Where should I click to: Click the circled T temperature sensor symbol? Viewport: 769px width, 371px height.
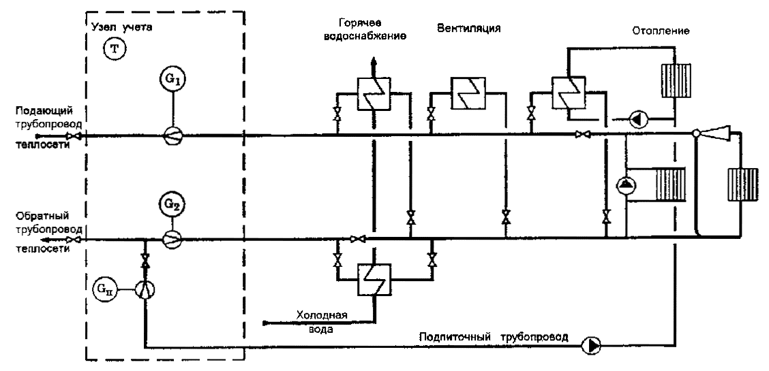coord(114,50)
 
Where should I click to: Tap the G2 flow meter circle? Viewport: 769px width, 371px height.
coord(171,204)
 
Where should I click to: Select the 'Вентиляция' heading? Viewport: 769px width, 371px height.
coord(468,29)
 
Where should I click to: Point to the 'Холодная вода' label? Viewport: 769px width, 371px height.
coord(322,321)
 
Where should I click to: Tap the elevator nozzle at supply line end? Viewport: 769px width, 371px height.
coord(712,133)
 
